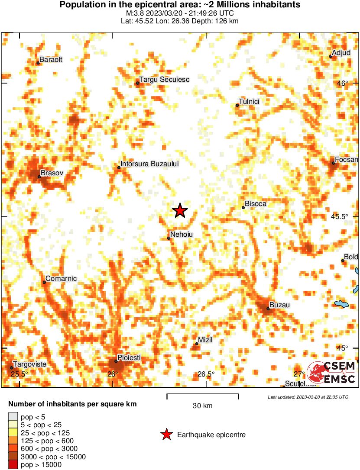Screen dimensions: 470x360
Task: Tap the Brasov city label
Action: [52, 173]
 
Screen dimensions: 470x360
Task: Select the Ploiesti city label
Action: [130, 358]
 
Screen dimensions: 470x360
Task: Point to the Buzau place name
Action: [279, 305]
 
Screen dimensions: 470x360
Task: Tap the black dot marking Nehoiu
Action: [169, 238]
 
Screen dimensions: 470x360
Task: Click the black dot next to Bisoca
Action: [243, 207]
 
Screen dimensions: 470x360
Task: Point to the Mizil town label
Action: [205, 340]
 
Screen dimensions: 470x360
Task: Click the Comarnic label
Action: [61, 279]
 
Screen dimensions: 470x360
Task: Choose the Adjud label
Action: [341, 53]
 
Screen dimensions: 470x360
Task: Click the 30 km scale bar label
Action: [202, 406]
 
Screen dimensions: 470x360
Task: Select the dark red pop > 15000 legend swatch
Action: [13, 465]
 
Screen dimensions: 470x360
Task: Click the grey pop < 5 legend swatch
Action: [13, 417]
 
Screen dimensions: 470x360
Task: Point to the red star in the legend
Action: [166, 435]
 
